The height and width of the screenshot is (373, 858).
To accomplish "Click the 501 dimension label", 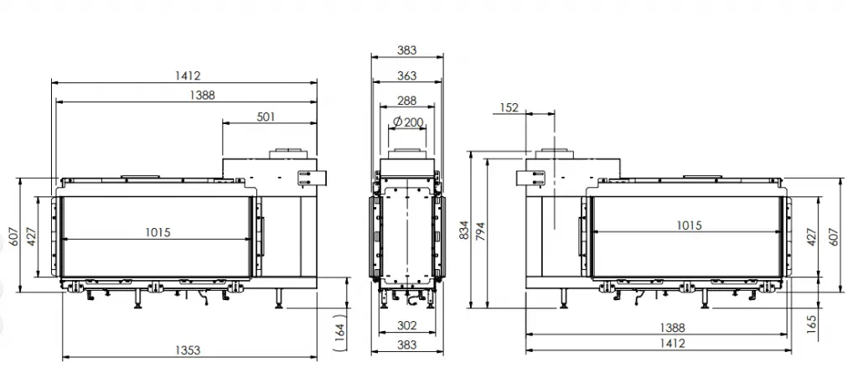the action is click(x=266, y=117).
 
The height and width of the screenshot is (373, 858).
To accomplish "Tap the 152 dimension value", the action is click(x=509, y=108).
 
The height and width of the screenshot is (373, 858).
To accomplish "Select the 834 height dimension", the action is click(x=464, y=231).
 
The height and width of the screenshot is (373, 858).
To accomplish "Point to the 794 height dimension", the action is click(x=481, y=231).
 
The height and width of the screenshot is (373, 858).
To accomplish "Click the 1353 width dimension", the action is click(x=188, y=350).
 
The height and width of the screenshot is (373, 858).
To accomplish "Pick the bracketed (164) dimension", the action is click(x=339, y=331).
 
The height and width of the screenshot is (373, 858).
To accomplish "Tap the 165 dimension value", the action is click(x=811, y=324).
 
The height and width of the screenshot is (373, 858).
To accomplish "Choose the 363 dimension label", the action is click(x=406, y=75).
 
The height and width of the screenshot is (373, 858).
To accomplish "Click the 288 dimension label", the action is click(x=406, y=101).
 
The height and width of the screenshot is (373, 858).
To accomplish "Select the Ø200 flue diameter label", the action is click(x=409, y=122).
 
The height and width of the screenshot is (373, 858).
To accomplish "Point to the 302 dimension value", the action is click(x=406, y=326).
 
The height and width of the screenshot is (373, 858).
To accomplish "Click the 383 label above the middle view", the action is click(x=406, y=50).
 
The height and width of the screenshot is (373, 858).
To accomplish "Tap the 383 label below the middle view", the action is click(x=406, y=345).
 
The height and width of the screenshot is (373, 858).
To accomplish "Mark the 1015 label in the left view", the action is click(x=158, y=232).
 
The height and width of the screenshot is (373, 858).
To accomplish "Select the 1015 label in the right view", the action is click(x=689, y=225).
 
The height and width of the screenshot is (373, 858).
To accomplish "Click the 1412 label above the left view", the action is click(x=188, y=76).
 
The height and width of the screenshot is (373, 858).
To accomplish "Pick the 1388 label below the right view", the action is click(x=672, y=328).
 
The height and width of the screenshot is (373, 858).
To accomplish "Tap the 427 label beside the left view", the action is click(x=31, y=236).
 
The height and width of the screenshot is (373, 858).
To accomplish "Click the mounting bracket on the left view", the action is click(x=312, y=178).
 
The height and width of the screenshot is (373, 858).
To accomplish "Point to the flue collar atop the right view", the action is click(x=555, y=153).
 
